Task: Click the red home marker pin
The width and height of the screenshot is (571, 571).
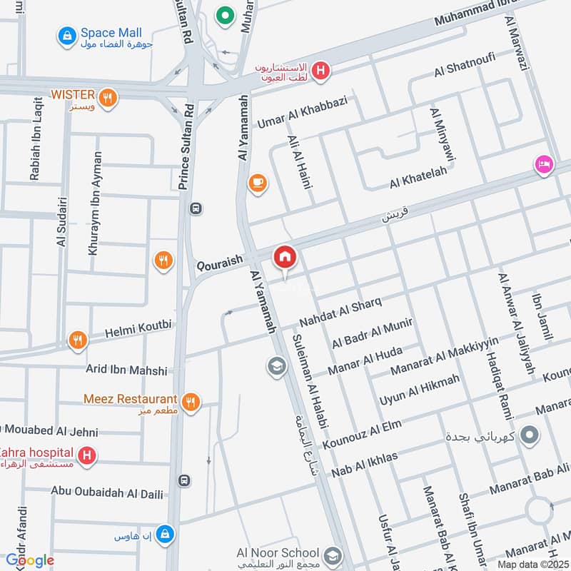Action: click(x=285, y=257)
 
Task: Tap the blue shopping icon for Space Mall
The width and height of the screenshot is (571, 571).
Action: click(x=67, y=34)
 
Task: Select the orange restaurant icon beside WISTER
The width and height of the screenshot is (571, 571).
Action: click(x=108, y=98)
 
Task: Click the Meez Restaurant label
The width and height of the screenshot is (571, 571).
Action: click(x=130, y=399)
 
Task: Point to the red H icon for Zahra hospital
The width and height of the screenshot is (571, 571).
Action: click(x=86, y=454)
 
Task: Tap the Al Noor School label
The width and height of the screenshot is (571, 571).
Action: click(x=280, y=552)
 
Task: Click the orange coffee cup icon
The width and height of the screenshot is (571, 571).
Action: click(x=257, y=183)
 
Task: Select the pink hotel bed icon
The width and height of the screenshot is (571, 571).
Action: click(x=543, y=164)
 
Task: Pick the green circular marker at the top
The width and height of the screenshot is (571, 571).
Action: click(x=226, y=14)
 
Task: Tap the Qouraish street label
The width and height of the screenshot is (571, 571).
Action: click(x=221, y=263)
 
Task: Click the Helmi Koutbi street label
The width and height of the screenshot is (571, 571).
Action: click(x=138, y=329)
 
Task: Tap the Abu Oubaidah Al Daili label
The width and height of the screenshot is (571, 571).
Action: click(x=106, y=494)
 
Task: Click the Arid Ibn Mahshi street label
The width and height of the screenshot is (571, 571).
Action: click(x=126, y=370)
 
